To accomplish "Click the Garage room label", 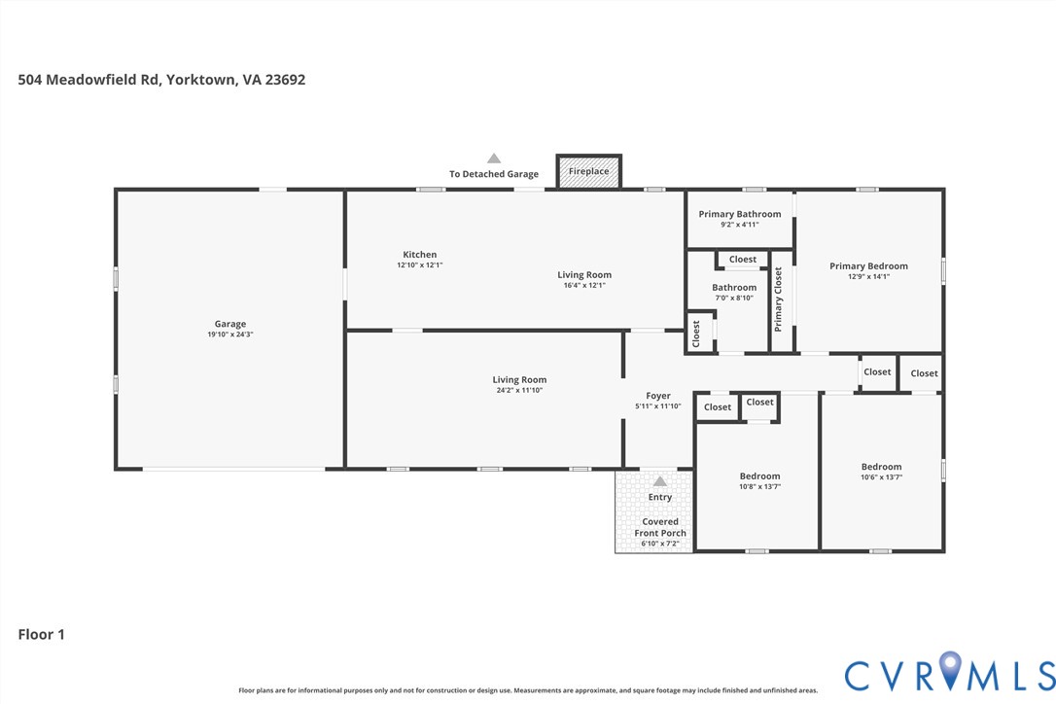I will tap(230, 324).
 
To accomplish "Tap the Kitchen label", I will tap(420, 255).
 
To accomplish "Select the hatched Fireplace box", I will tap(588, 171).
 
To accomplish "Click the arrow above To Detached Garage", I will tap(494, 158).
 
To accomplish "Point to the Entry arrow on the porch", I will tap(660, 481).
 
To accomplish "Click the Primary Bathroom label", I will tap(739, 214).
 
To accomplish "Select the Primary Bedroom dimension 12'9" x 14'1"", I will tap(868, 277).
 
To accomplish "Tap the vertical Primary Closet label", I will tap(778, 299).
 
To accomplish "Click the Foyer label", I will tap(658, 396).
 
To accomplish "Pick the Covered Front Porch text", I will tap(660, 527).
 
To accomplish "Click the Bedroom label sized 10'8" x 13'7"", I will tap(759, 476).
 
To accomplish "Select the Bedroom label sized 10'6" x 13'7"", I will tap(881, 467).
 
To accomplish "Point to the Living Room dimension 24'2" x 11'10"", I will tap(519, 391).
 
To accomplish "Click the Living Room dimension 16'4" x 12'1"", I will tap(584, 286).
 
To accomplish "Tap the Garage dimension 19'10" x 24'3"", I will tap(230, 334).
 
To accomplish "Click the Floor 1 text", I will tap(42, 634).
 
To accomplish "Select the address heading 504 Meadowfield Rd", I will tap(161, 80).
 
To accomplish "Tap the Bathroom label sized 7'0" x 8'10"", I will tap(734, 288).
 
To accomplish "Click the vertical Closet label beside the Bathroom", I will tap(696, 334).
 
